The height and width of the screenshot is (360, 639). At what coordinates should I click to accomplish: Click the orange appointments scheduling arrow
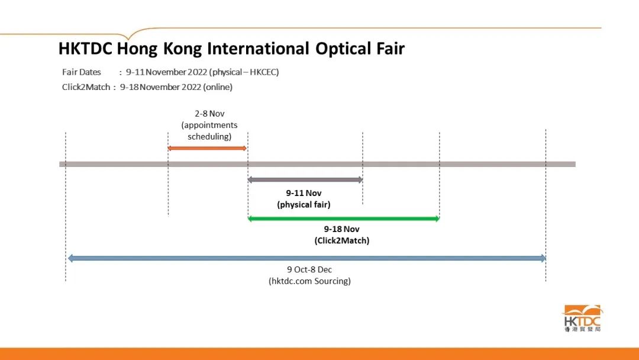tap(207, 148)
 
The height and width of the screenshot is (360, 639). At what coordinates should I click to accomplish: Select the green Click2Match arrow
tap(344, 218)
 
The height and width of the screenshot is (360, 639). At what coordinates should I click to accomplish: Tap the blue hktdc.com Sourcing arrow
tap(307, 258)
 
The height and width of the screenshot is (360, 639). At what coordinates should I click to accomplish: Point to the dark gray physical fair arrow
tap(305, 180)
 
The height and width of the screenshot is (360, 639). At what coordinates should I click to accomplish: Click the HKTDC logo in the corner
tap(582, 318)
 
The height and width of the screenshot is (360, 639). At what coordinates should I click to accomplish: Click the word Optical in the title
tap(340, 49)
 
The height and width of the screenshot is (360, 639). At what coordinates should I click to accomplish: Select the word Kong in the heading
tap(183, 49)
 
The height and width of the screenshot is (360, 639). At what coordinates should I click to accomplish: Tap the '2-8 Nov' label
tap(209, 114)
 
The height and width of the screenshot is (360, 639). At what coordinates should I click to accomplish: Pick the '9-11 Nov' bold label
tap(304, 193)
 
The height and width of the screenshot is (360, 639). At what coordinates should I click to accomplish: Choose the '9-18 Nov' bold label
tap(341, 229)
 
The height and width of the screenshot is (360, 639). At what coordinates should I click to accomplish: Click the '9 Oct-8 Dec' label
tap(309, 269)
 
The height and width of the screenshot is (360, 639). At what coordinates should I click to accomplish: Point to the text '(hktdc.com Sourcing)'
tap(309, 281)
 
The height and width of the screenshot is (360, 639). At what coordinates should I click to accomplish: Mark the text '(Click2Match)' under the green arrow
tap(342, 240)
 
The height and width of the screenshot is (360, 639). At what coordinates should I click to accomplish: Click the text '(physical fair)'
tap(304, 204)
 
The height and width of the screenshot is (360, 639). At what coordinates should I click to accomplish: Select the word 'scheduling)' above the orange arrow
tap(209, 137)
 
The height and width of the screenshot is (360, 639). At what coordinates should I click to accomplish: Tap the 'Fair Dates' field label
tap(82, 72)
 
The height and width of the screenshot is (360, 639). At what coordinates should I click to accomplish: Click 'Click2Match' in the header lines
tap(86, 87)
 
